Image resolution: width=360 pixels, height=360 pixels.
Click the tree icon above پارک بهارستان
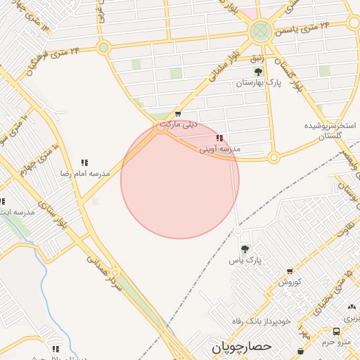pos(258,72)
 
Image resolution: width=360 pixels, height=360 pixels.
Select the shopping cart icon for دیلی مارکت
pos(177,114)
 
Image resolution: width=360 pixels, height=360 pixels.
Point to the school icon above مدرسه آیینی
pos(220,139)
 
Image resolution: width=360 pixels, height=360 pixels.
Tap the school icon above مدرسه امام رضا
pos(84,162)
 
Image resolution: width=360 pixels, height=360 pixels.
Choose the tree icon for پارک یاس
pos(245,249)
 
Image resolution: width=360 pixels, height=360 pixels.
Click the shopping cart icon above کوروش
pos(289,271)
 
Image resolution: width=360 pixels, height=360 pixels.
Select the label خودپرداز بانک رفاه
pos(262,321)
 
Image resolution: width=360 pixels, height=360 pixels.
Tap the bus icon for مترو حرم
pos(336,332)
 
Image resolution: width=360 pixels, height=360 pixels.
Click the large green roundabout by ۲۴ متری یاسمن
pos(260,31)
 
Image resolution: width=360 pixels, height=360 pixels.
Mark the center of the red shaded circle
pos(180,180)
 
